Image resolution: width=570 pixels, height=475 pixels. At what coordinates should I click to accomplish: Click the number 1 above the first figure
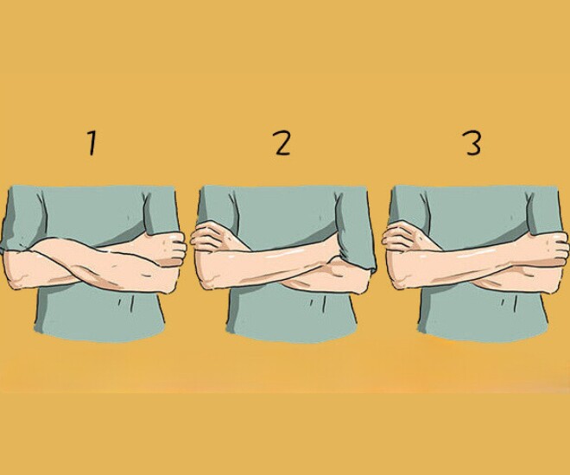tap(92, 143)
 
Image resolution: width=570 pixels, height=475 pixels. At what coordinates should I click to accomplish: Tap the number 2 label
tap(282, 143)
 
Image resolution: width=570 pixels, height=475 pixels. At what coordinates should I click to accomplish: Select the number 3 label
tap(473, 143)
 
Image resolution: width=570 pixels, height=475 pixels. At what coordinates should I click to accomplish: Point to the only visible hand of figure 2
tap(212, 237)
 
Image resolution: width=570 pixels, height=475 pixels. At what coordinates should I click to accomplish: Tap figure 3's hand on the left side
tap(404, 237)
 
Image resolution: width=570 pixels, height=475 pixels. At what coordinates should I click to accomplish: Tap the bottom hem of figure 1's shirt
tap(99, 336)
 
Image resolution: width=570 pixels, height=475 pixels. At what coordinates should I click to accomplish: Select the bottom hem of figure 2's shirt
tap(291, 336)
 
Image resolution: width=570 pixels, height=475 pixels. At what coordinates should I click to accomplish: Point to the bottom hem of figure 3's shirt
tap(482, 336)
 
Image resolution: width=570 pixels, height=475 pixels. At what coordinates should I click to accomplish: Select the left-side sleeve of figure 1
tap(22, 218)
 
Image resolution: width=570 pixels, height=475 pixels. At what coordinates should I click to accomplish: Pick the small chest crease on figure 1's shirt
tap(129, 218)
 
